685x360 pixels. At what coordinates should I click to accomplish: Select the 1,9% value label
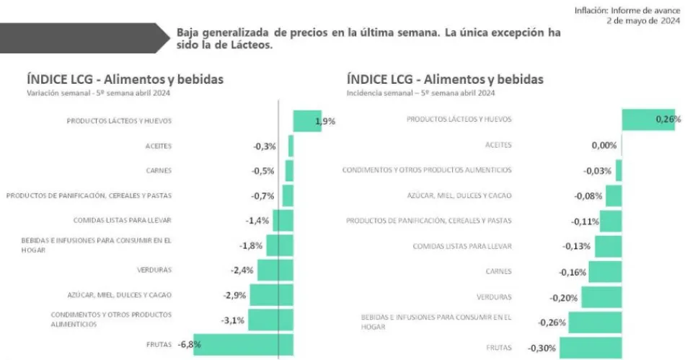pyautogui.click(x=325, y=122)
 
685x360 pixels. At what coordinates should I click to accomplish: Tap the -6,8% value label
pyautogui.click(x=189, y=345)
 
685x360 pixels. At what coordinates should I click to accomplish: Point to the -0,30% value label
pyautogui.click(x=541, y=348)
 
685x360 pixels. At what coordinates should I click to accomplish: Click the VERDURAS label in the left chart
pyautogui.click(x=154, y=270)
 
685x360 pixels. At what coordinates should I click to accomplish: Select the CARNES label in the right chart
pyautogui.click(x=499, y=271)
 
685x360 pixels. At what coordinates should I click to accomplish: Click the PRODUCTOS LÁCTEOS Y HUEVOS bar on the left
pyautogui.click(x=306, y=121)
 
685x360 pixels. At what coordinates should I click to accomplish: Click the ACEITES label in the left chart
pyautogui.click(x=159, y=146)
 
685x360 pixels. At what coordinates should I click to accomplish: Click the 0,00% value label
pyautogui.click(x=604, y=146)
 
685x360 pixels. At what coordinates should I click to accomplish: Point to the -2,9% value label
pyautogui.click(x=235, y=295)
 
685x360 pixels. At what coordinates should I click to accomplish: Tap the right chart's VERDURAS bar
pyautogui.click(x=601, y=297)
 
